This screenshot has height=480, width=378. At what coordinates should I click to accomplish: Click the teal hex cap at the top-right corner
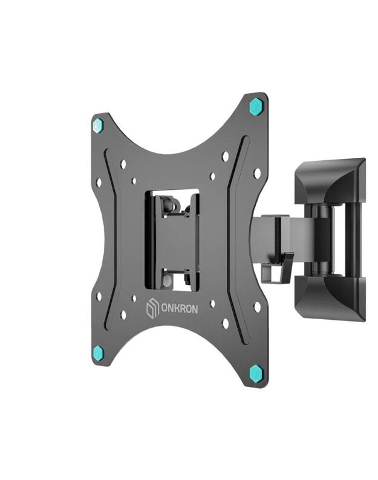[256, 107]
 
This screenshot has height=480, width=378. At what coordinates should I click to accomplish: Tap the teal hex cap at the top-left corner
[98, 125]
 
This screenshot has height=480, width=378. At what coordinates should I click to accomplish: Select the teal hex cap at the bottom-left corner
[98, 353]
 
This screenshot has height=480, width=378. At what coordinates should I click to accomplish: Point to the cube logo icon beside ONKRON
[152, 310]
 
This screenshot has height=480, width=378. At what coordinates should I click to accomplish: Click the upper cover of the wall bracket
[332, 181]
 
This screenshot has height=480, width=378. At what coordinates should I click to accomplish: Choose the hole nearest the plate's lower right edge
[257, 306]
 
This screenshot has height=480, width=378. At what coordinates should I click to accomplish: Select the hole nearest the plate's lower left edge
[99, 297]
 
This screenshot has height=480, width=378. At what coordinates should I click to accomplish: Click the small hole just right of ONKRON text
[212, 303]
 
